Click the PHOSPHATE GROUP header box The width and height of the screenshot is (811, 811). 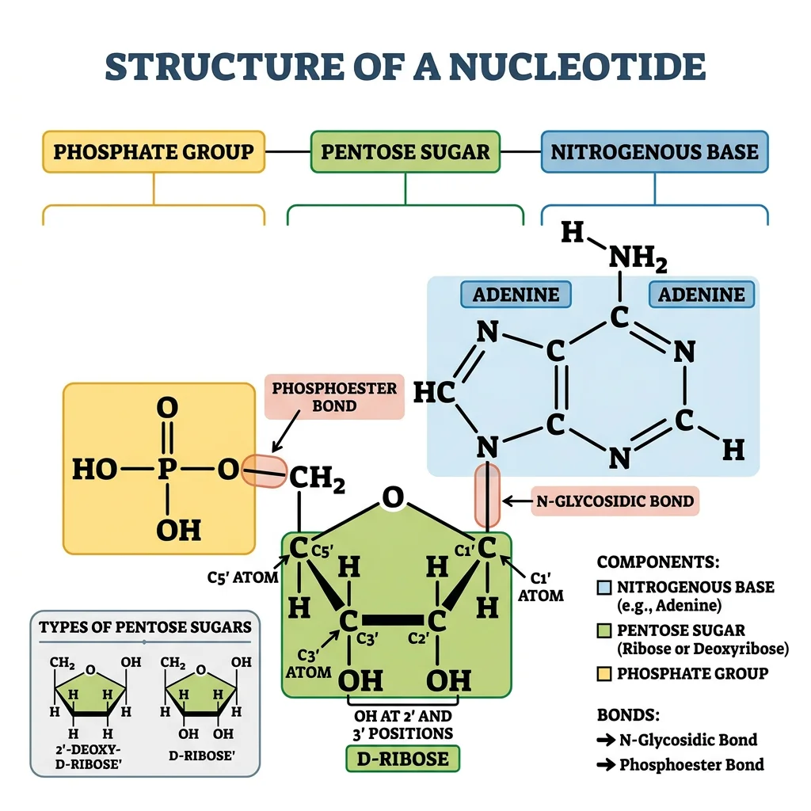(153, 152)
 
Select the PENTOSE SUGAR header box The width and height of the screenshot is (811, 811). (405, 152)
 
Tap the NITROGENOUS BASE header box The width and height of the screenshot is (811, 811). (654, 152)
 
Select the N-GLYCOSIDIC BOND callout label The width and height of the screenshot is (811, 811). (615, 501)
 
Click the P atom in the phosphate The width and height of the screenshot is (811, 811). (166, 470)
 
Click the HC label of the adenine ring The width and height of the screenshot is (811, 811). (435, 394)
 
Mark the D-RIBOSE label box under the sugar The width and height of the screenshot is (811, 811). (402, 759)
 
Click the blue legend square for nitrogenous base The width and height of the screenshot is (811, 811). (603, 588)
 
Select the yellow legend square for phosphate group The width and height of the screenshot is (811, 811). (603, 674)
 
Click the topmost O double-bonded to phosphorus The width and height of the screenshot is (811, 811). (167, 408)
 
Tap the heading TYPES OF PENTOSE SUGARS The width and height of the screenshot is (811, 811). (145, 627)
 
